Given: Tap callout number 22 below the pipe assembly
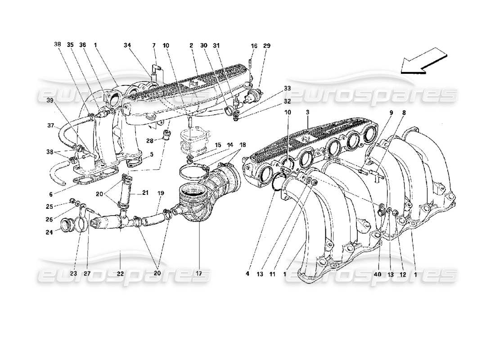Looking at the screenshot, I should click(x=121, y=273).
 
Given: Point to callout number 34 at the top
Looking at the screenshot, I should click(x=128, y=45).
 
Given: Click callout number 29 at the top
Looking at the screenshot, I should click(x=268, y=45).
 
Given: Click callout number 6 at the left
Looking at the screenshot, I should click(x=51, y=194).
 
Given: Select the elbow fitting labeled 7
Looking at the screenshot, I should click(x=155, y=68).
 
